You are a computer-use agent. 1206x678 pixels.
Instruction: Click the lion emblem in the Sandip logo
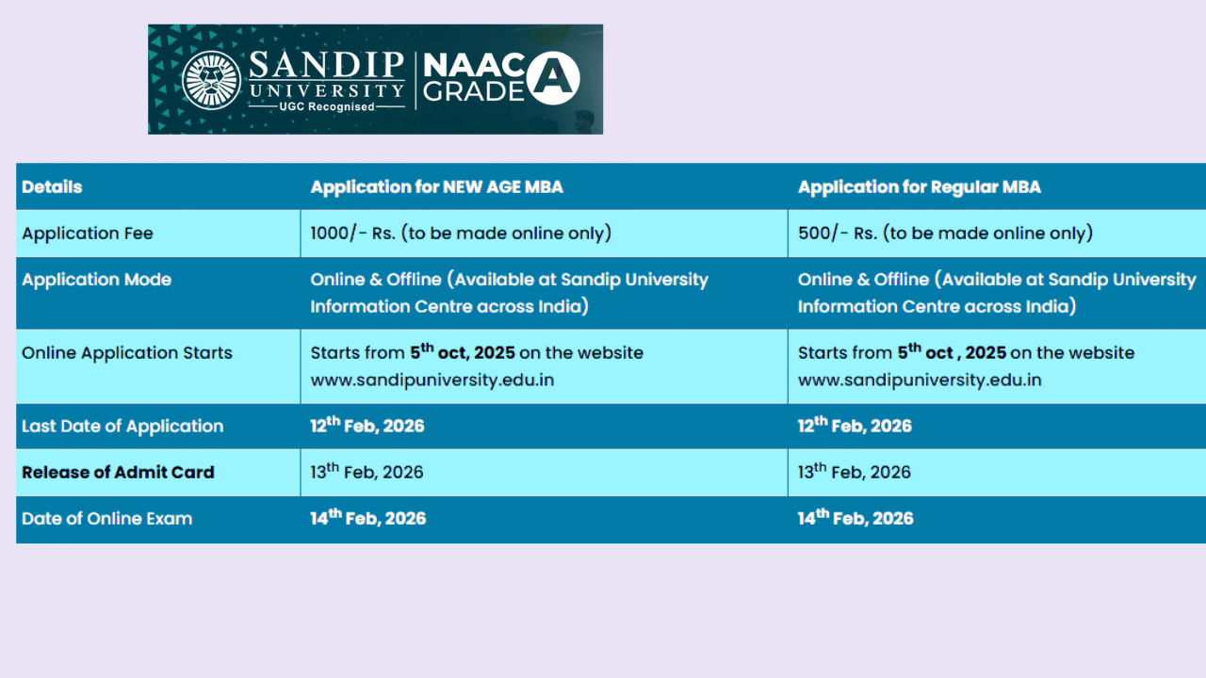(x=211, y=80)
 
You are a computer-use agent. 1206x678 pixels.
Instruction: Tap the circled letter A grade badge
(x=553, y=78)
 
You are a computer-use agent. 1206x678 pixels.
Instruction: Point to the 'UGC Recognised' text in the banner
(x=326, y=106)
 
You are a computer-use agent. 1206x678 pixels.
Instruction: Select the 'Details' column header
(x=52, y=186)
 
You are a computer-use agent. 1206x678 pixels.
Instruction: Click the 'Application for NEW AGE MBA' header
(x=436, y=186)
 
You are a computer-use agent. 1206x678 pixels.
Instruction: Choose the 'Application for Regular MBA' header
(x=919, y=186)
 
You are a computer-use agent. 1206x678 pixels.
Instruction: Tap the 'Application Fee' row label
(x=87, y=233)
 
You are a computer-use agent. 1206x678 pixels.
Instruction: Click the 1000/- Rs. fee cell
(x=460, y=233)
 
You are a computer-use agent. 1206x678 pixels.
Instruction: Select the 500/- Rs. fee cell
(x=944, y=233)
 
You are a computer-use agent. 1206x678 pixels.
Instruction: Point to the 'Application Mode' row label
(x=96, y=280)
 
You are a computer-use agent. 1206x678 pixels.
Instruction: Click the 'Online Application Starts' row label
(x=126, y=353)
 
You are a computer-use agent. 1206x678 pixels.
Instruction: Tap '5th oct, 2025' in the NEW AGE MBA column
(x=462, y=352)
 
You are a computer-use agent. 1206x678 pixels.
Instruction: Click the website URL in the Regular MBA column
(x=919, y=380)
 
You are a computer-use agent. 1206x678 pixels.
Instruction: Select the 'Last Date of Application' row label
(x=122, y=426)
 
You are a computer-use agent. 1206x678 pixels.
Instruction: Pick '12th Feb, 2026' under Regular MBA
(x=854, y=426)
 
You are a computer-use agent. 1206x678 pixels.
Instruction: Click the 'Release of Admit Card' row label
(x=118, y=472)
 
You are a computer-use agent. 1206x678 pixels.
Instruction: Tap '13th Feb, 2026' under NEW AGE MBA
(x=367, y=472)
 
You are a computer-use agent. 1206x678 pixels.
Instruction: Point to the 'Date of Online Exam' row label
(x=106, y=518)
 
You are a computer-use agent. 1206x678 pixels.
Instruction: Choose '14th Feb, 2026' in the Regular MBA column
(x=855, y=518)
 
